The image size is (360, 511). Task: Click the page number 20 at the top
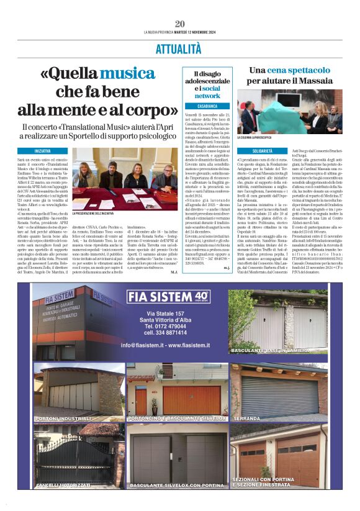click(x=179, y=24)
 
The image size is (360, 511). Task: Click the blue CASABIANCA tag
click(x=204, y=106)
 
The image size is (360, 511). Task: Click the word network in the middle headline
click(x=207, y=96)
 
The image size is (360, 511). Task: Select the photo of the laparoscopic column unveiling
click(x=289, y=111)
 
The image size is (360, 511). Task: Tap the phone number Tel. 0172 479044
click(x=166, y=325)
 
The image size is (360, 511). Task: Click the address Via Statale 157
click(x=166, y=312)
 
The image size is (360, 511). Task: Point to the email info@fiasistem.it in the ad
click(x=166, y=345)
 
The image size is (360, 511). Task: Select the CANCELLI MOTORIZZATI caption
click(x=64, y=484)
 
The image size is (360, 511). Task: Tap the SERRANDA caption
click(x=246, y=419)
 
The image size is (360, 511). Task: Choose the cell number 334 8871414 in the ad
click(x=166, y=332)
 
